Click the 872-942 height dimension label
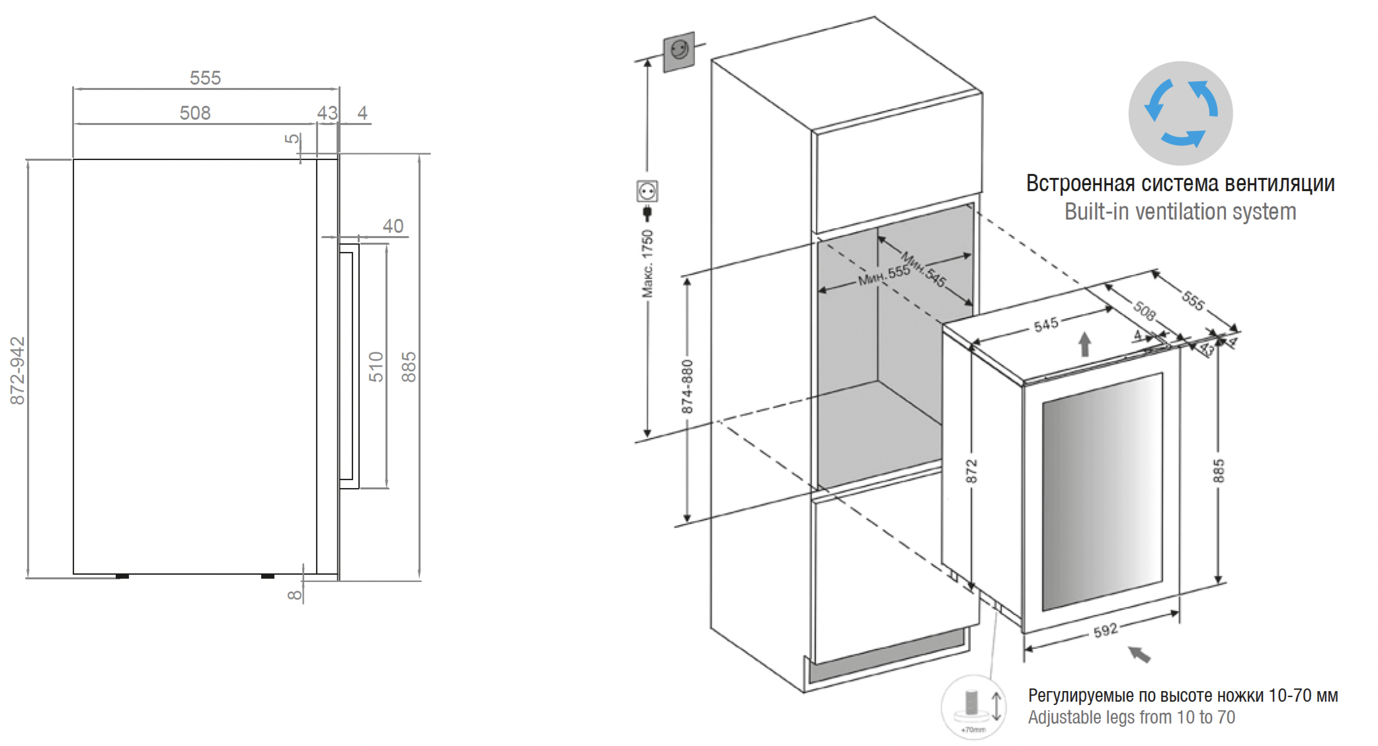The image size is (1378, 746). pos(17,370)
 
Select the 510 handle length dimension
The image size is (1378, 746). pos(376,367)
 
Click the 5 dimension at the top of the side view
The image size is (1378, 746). pos(292,138)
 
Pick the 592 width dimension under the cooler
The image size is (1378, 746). pos(1105,630)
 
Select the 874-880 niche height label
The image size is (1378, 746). pos(687,386)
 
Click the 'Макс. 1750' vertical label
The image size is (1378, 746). pos(647,263)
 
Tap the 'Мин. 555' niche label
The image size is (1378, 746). pos(884,275)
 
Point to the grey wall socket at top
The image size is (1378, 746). pos(679,51)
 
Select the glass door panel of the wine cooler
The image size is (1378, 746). pos(1102,492)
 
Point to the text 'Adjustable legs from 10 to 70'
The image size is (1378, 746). pos(1131,717)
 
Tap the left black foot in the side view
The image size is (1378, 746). pos(122,576)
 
